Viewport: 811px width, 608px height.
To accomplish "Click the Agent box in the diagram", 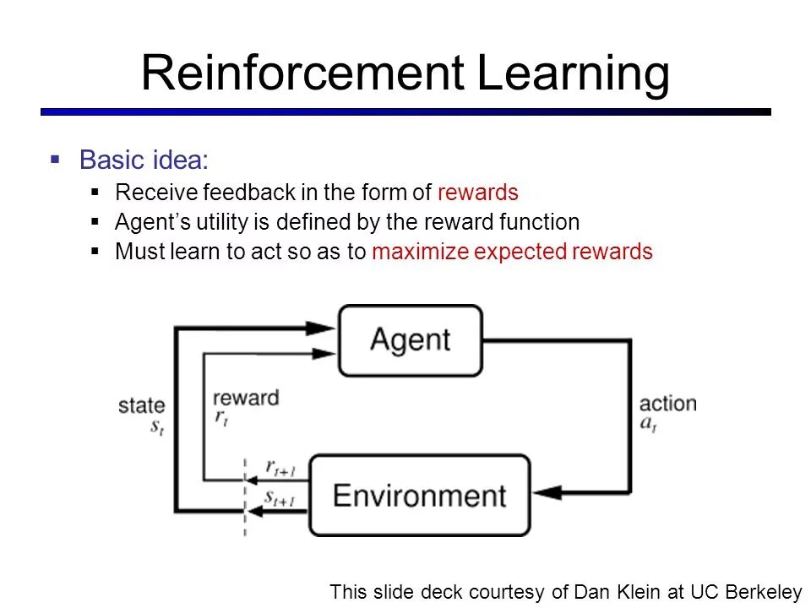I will coord(411,340).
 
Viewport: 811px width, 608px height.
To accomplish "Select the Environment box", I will coord(419,495).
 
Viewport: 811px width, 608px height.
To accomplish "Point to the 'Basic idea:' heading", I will coord(143,160).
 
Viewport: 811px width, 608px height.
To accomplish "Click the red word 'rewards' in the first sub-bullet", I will coord(477,193).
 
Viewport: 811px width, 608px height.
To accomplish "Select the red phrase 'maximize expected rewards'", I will coord(512,252).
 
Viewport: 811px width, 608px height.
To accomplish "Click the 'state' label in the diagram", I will coord(141,406).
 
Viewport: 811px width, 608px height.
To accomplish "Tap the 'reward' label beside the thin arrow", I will coord(246,398).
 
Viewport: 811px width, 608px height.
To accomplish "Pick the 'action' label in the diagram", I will coord(667,403).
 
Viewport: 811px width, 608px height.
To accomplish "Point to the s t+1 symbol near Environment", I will coord(279,497).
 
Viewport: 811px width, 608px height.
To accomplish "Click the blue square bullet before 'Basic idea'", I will coord(56,159).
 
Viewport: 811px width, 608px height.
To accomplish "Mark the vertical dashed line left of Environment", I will coord(245,498).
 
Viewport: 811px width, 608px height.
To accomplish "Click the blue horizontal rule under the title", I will coord(405,111).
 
